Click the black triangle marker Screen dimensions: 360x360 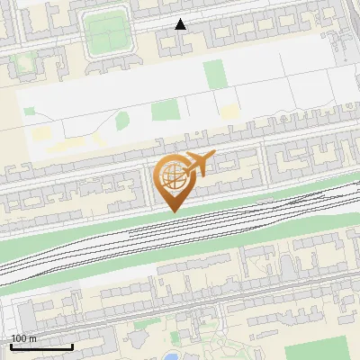(x=181, y=24)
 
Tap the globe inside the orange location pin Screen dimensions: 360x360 (x=174, y=175)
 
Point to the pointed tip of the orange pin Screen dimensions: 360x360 (x=174, y=211)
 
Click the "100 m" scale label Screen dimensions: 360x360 (x=23, y=338)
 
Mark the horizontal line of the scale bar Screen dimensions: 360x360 (x=41, y=346)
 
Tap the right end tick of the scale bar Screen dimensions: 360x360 (x=72, y=346)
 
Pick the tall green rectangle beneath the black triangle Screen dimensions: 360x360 (x=213, y=74)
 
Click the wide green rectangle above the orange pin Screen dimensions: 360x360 (x=166, y=111)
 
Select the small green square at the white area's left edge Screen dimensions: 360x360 (x=29, y=111)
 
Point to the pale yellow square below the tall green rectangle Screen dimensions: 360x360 (x=229, y=111)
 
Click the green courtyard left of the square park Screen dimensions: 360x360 (x=24, y=63)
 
